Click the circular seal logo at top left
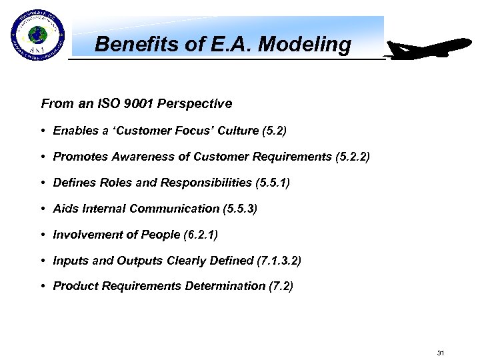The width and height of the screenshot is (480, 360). click(x=36, y=34)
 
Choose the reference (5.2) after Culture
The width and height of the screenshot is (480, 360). click(x=274, y=131)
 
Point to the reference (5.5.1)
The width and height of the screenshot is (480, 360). click(x=273, y=183)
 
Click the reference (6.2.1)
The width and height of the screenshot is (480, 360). click(x=201, y=234)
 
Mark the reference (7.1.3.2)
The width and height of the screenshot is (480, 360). click(x=279, y=260)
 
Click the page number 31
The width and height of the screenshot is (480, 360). click(x=440, y=352)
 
